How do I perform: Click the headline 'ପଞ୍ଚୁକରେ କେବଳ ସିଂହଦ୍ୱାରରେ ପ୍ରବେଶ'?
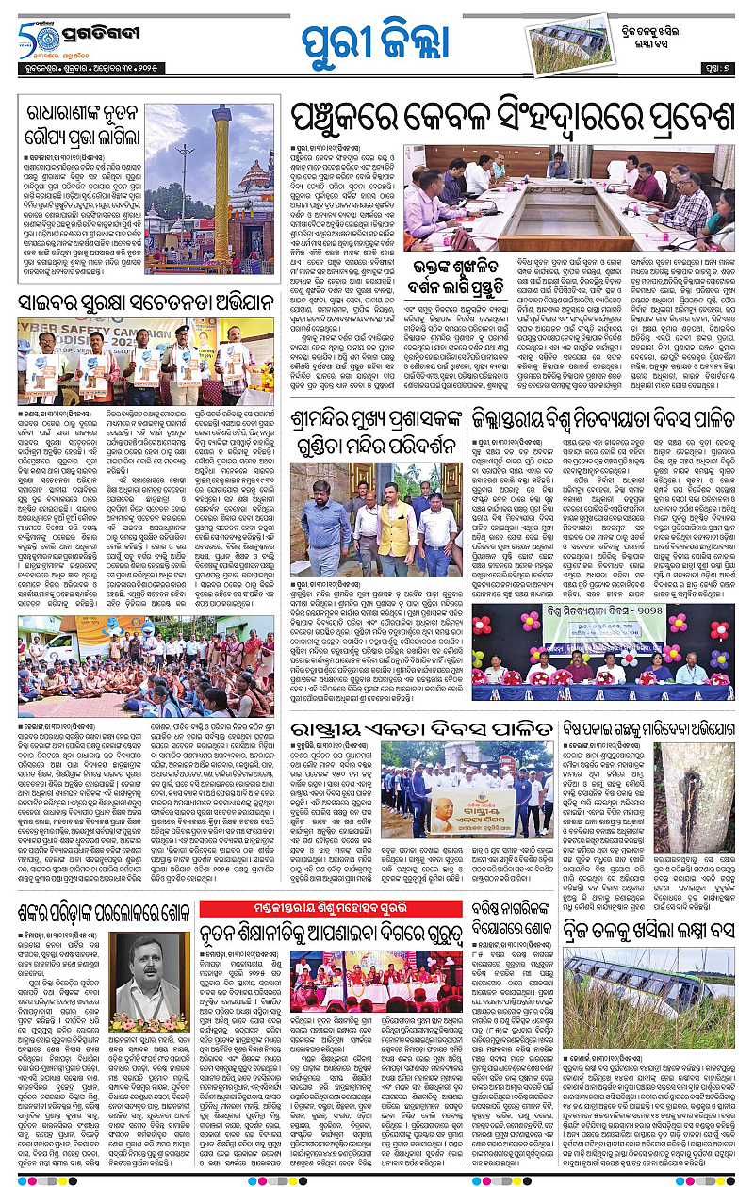[x=512, y=121]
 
